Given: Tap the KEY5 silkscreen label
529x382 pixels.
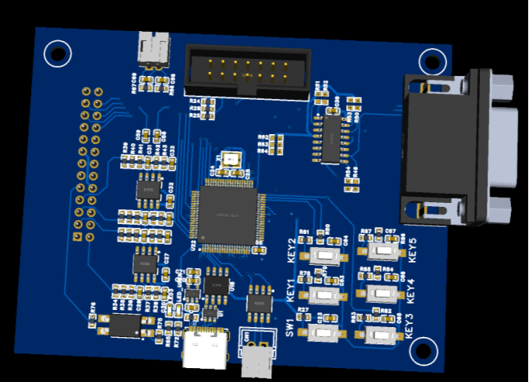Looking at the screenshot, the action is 411,249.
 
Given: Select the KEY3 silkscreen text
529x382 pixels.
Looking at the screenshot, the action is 409,324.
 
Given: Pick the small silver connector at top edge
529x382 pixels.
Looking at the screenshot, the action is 153,50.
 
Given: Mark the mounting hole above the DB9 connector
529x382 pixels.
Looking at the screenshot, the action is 431,61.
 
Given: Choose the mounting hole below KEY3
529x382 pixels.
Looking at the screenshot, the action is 422,352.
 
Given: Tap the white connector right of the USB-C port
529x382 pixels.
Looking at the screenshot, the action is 258,357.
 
